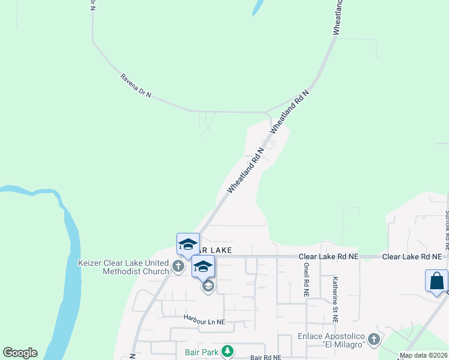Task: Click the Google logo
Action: [x=20, y=353]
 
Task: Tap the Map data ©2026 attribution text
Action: [x=424, y=355]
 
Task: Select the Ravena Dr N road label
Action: [x=136, y=86]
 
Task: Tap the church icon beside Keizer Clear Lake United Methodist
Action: [x=178, y=266]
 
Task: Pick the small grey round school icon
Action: [x=208, y=287]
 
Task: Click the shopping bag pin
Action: [x=436, y=281]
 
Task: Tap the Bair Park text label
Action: [x=201, y=352]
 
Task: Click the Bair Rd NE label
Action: [x=266, y=358]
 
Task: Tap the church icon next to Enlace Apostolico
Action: [x=373, y=340]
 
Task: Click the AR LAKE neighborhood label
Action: [x=215, y=250]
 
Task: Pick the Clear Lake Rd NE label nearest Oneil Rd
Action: [x=328, y=256]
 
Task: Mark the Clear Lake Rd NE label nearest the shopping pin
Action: [x=412, y=256]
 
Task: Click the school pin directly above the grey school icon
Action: [x=203, y=267]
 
